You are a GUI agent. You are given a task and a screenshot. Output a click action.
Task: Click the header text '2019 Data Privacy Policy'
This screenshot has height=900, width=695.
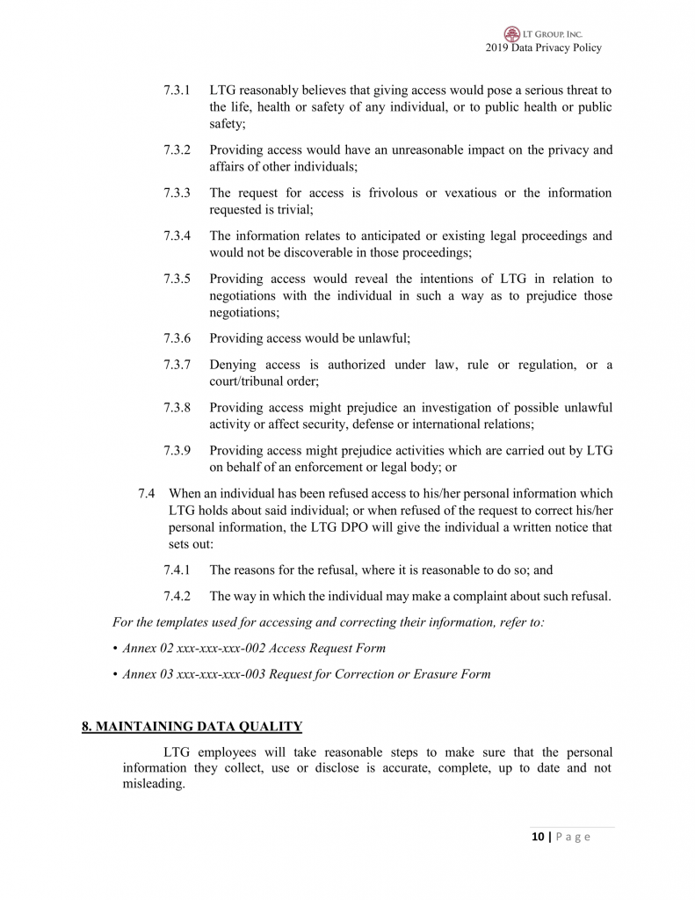pos(543,47)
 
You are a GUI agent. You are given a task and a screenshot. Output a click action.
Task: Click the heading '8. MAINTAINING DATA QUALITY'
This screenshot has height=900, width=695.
pos(192,726)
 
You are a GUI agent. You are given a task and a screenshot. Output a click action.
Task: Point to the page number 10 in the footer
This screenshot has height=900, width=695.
pos(537,837)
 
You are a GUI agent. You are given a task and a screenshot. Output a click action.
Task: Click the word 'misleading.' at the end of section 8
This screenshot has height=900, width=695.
pos(154,784)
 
